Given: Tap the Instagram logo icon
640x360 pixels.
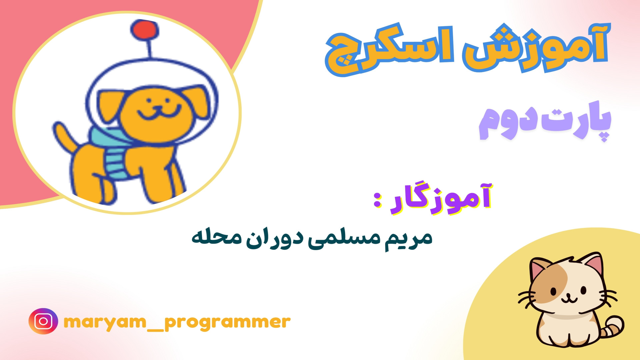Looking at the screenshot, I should click(x=43, y=321).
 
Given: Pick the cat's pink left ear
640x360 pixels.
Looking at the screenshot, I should click(x=538, y=268).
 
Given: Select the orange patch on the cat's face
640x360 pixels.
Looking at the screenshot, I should click(x=547, y=283).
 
